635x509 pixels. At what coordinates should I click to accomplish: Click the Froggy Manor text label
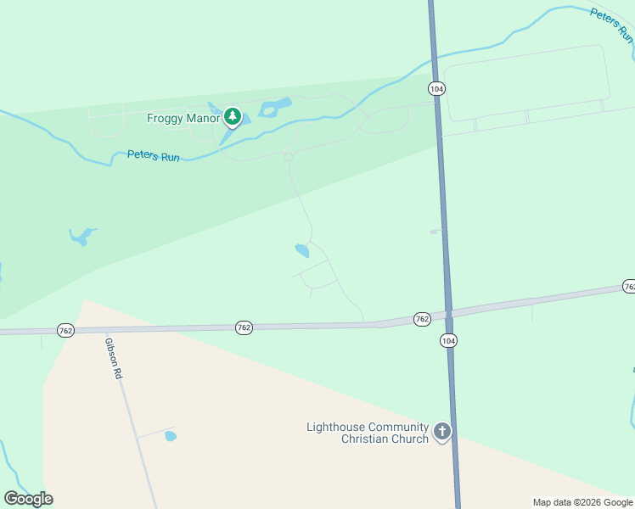click(183, 118)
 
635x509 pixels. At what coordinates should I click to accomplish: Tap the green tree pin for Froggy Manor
click(232, 117)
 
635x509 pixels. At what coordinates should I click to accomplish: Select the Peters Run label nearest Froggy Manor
click(153, 156)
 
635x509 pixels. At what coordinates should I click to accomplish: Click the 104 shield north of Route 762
click(436, 88)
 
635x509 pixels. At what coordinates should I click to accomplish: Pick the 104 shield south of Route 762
click(448, 340)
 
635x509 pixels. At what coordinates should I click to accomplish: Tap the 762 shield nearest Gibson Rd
click(65, 329)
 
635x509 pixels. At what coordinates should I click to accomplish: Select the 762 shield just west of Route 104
click(422, 319)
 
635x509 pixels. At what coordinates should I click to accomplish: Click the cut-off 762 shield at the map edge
click(628, 287)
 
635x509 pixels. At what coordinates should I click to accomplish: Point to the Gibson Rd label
click(114, 359)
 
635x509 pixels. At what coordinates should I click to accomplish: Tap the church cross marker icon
click(441, 432)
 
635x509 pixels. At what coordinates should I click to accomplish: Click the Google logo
click(28, 498)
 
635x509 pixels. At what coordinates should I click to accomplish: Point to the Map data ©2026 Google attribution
click(582, 502)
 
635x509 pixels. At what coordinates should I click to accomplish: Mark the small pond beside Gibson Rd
click(171, 436)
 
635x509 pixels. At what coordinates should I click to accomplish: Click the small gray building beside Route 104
click(436, 231)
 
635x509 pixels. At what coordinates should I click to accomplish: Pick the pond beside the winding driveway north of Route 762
click(301, 250)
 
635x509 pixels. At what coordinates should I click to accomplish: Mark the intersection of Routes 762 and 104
click(447, 312)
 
